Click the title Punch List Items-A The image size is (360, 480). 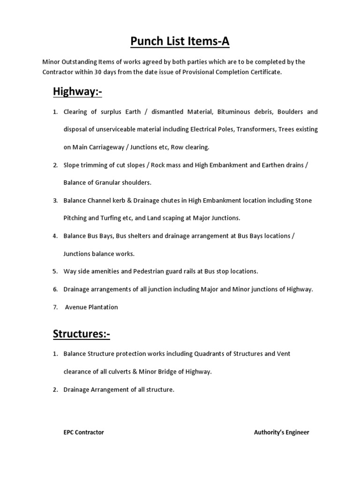[180, 42]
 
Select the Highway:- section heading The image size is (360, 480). [77, 92]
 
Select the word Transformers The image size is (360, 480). [257, 129]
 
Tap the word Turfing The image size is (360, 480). [102, 218]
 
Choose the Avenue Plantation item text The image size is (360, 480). [91, 307]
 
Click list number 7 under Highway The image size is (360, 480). [54, 307]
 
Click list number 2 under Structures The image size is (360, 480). [54, 389]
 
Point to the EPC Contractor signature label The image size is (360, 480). [84, 432]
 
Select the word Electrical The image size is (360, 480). [216, 129]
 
